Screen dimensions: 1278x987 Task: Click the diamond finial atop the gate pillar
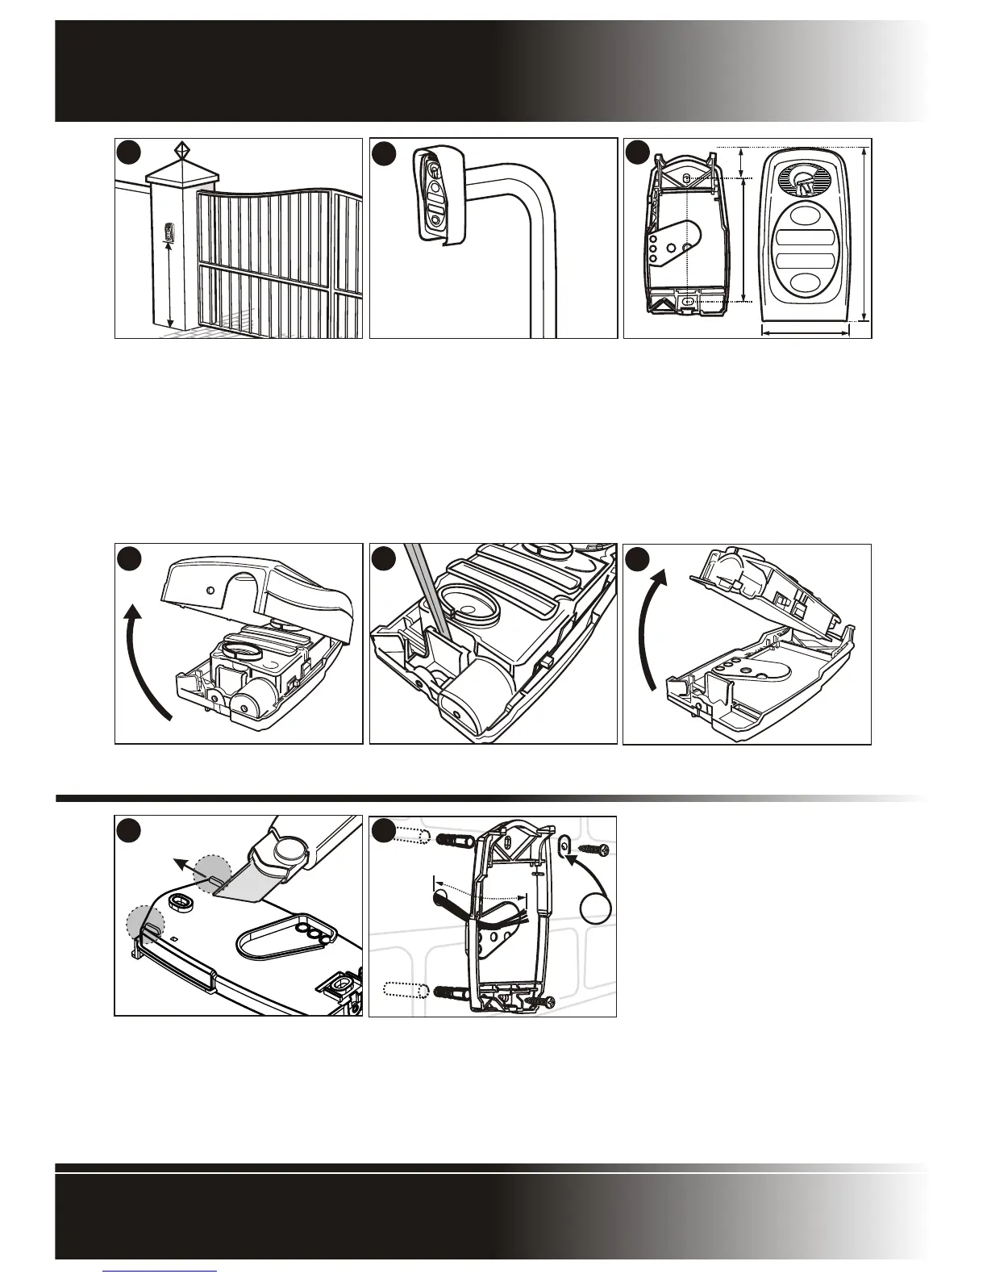(x=183, y=151)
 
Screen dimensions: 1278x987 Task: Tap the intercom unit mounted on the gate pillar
(x=169, y=233)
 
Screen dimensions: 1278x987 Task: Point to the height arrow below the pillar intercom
(x=169, y=286)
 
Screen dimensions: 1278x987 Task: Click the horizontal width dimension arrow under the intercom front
(x=806, y=331)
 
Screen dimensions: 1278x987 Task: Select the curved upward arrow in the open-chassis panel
(x=652, y=629)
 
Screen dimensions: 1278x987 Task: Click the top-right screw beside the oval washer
(x=598, y=850)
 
